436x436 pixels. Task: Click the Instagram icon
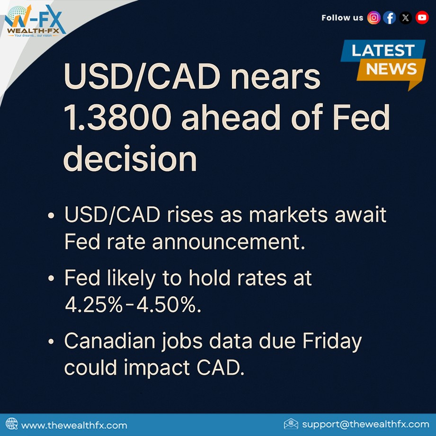374,18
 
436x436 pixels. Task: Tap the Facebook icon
390,18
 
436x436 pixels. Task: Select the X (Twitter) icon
406,18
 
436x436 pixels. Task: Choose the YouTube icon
422,18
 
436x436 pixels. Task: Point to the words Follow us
342,18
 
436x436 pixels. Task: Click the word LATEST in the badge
383,50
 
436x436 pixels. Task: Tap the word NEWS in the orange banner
391,69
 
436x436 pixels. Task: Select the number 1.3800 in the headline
117,117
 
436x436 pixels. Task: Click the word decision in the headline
130,158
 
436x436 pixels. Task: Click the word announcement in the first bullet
229,242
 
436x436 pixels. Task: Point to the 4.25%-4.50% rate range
133,305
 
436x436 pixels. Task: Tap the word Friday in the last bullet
332,342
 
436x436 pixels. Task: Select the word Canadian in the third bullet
109,341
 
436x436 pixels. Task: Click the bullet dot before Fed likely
51,278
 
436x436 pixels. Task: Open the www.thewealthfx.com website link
74,425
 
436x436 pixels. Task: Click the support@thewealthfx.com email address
365,424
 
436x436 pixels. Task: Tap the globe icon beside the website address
11,424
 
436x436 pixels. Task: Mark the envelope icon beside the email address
291,424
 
